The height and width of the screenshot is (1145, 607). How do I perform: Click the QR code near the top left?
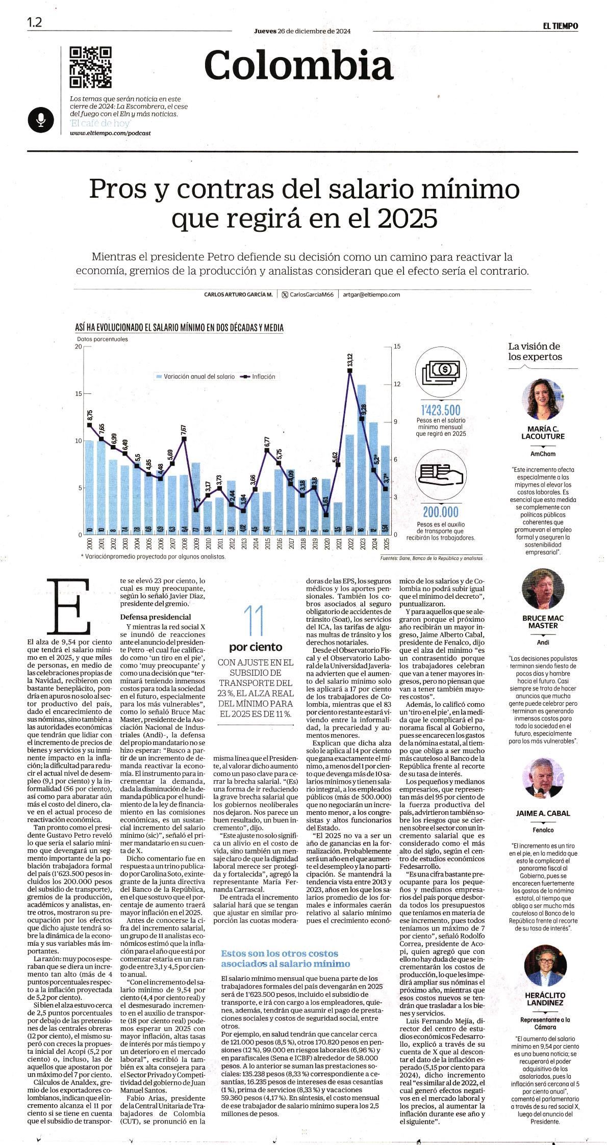tap(90, 67)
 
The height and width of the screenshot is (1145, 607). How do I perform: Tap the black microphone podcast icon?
tap(40, 119)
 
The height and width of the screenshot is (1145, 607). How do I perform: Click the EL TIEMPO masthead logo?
tap(560, 26)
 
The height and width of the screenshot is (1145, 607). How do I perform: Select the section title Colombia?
tap(299, 65)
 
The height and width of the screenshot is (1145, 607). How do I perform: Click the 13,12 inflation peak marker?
tap(350, 371)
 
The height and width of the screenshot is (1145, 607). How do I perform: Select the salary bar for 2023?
tap(361, 460)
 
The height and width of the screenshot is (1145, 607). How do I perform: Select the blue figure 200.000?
tap(441, 512)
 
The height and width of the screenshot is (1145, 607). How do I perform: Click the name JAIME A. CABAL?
tap(543, 813)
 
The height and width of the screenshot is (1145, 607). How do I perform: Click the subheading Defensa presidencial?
tap(148, 617)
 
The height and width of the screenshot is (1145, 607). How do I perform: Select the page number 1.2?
tap(35, 23)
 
